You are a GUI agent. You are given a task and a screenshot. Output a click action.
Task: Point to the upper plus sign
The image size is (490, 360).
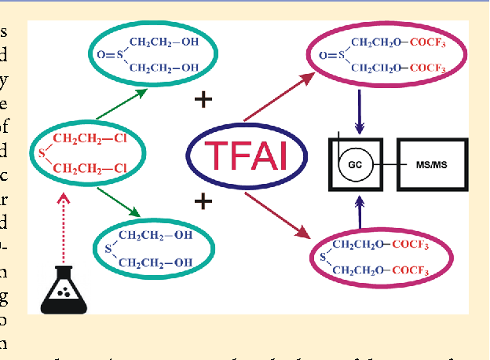pos(203,99)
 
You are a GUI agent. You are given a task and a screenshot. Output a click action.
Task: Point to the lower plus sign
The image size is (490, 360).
pos(203,202)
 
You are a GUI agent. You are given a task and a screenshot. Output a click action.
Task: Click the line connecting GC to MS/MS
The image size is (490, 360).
pos(386,164)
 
